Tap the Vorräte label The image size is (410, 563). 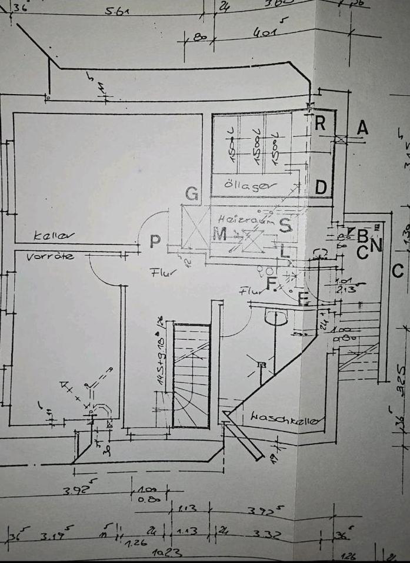(51, 257)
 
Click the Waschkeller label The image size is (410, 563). (287, 418)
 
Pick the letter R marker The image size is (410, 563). (321, 123)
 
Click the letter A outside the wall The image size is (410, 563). (363, 128)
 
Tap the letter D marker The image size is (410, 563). (321, 187)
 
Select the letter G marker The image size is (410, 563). (191, 193)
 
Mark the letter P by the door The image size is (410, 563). (155, 242)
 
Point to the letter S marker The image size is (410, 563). (286, 224)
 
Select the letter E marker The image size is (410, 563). (304, 299)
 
